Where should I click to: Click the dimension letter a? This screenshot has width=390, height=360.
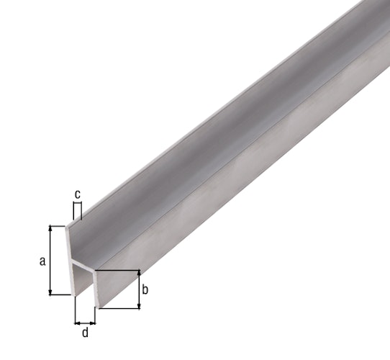tap(42, 261)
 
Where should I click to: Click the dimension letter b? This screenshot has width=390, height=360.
tap(145, 290)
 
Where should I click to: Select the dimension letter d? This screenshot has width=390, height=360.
tap(86, 333)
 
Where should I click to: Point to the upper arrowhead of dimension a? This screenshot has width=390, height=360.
tap(50, 228)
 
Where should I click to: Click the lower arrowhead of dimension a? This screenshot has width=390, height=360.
tap(50, 291)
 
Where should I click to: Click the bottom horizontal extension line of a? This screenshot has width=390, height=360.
tap(61, 294)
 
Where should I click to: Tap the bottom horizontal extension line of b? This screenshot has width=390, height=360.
tap(119, 310)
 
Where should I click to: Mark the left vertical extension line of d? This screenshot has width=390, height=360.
tap(74, 310)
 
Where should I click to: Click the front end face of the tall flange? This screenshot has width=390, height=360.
tap(71, 259)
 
